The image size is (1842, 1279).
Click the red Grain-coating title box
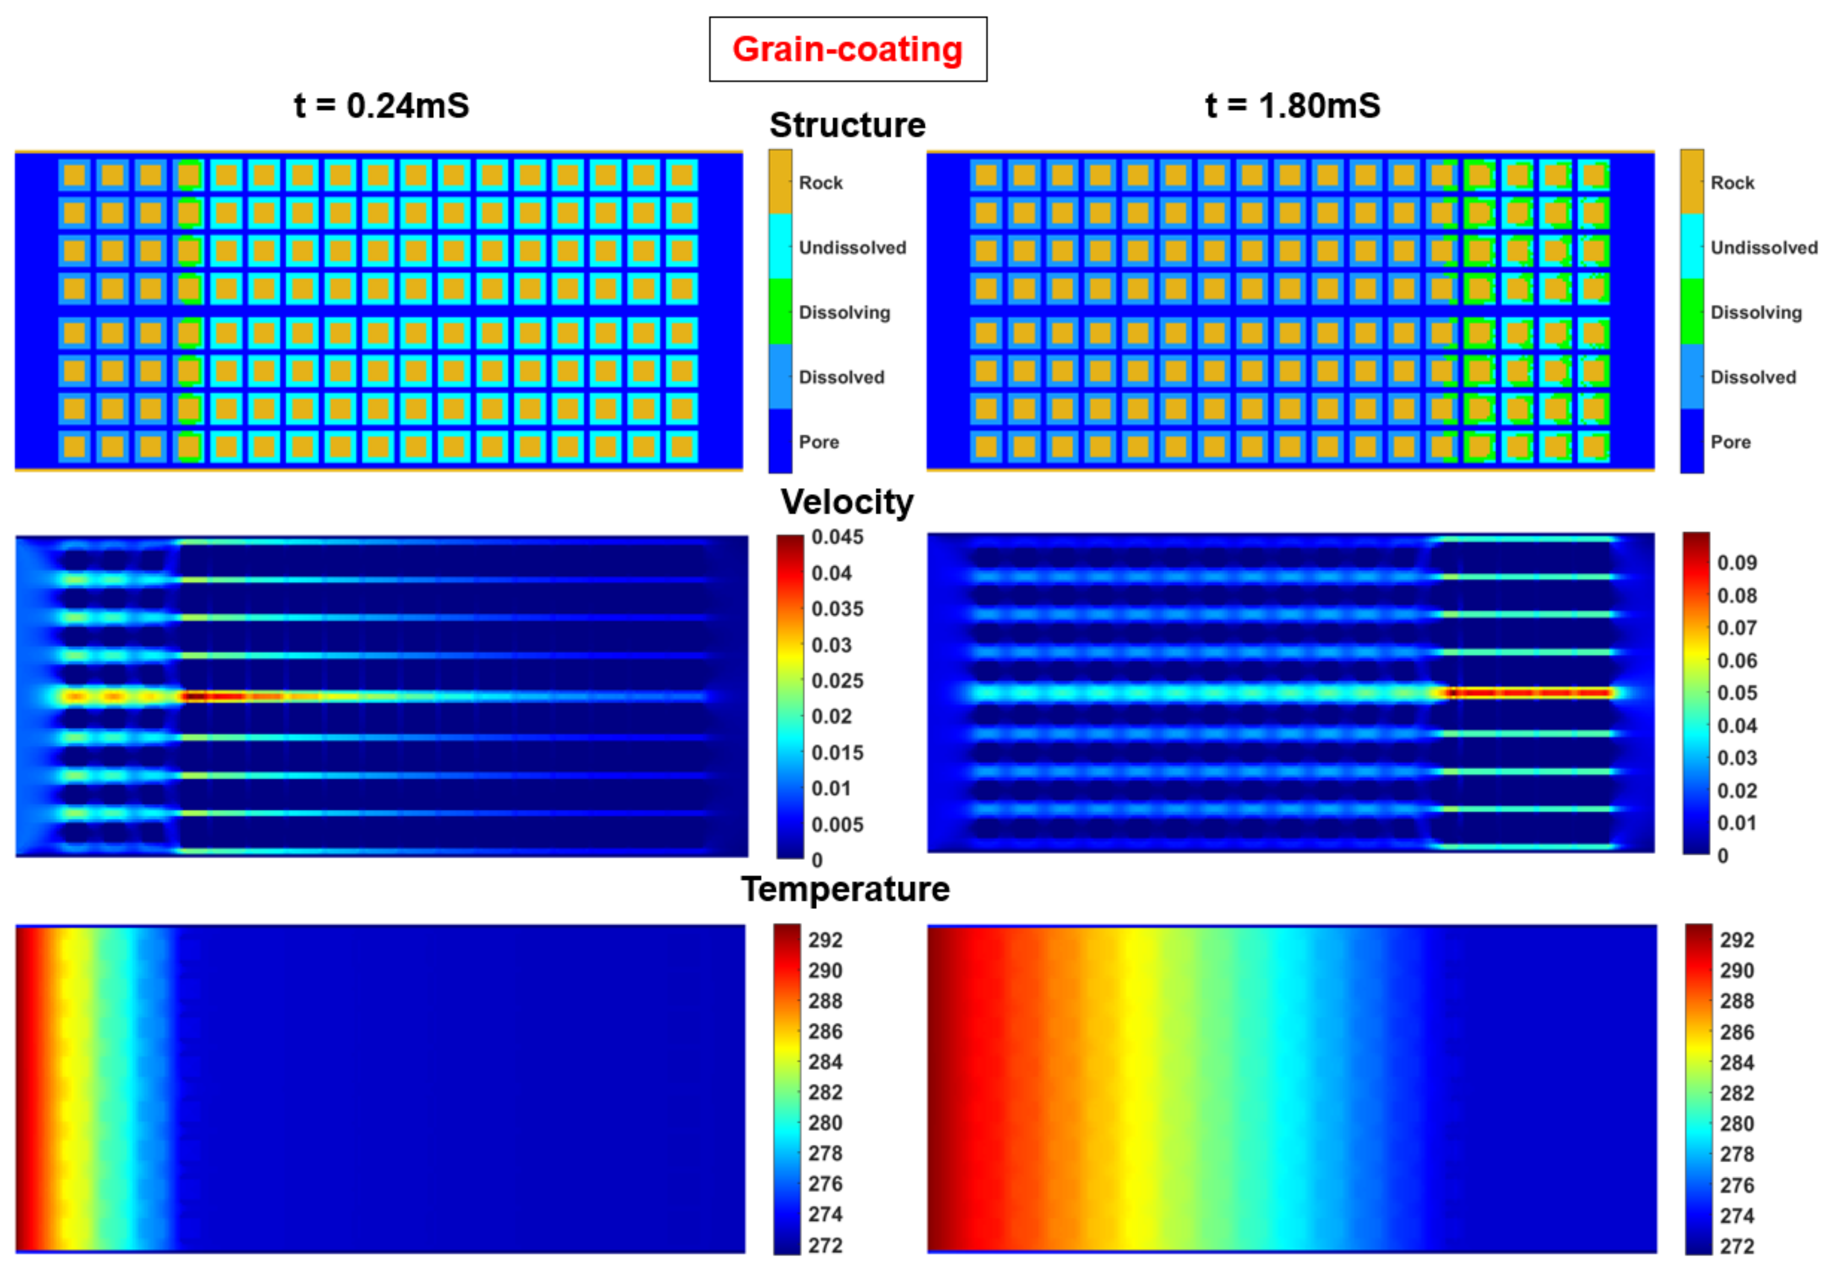click(x=848, y=49)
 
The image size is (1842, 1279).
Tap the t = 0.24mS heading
click(x=382, y=106)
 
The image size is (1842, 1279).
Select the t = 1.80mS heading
click(x=1292, y=106)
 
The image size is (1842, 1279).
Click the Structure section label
click(x=848, y=125)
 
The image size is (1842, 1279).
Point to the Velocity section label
click(x=848, y=502)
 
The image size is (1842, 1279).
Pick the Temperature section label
click(x=845, y=889)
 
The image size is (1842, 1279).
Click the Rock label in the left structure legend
click(x=820, y=183)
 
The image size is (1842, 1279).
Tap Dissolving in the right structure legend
click(x=1755, y=312)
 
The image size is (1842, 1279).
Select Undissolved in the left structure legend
click(x=852, y=248)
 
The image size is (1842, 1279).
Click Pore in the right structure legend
click(x=1730, y=442)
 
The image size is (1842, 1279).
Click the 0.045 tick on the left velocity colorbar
click(x=837, y=537)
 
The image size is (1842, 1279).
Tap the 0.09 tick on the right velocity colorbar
click(x=1736, y=562)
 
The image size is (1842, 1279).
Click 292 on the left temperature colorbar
click(x=825, y=940)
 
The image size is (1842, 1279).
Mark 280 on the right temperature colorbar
click(x=1736, y=1124)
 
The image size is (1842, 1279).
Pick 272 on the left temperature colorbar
click(x=825, y=1245)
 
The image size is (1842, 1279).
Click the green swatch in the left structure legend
click(x=780, y=312)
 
